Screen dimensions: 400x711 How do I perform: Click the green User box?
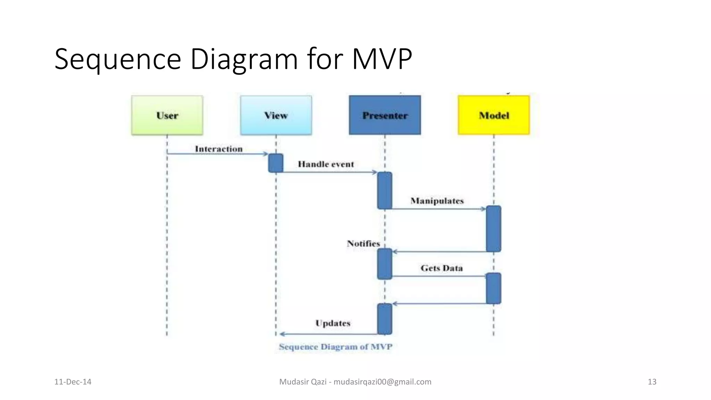click(x=167, y=115)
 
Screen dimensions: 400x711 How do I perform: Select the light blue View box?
click(x=276, y=115)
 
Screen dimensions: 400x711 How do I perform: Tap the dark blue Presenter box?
click(x=385, y=115)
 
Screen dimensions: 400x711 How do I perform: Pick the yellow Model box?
click(x=494, y=115)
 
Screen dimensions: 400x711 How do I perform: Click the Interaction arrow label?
click(x=219, y=149)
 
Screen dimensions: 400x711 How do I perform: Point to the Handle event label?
click(x=326, y=164)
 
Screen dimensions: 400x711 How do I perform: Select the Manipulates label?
click(x=437, y=201)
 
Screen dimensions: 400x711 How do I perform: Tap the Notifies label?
click(x=363, y=244)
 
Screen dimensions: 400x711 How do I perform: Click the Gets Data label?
click(x=442, y=268)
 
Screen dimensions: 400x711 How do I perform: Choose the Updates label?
click(x=333, y=323)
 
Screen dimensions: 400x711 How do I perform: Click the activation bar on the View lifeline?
click(x=276, y=163)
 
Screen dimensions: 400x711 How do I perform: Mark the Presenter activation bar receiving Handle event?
click(x=385, y=191)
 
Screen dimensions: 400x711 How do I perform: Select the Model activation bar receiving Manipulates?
click(x=493, y=229)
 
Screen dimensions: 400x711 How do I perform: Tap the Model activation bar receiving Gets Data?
click(x=493, y=289)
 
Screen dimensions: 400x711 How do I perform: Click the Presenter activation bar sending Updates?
click(x=385, y=319)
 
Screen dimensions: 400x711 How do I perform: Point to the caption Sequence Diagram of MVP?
click(x=335, y=347)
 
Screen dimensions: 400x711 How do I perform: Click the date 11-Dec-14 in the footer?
click(x=73, y=382)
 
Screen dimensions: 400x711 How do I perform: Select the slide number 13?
click(x=652, y=382)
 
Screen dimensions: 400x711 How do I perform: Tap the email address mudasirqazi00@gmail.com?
click(x=382, y=382)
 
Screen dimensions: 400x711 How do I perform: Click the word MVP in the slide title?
click(x=382, y=59)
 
